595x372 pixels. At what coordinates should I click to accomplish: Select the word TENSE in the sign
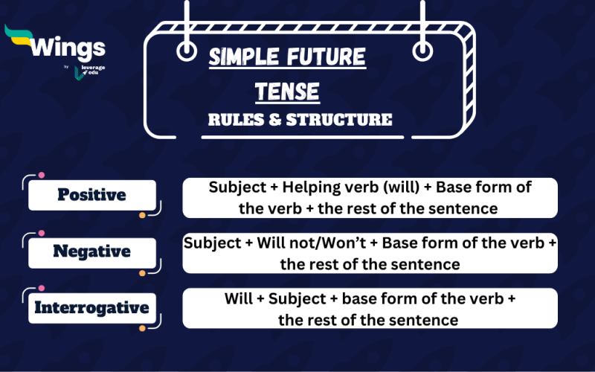point(287,92)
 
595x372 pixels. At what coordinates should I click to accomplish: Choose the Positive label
point(91,195)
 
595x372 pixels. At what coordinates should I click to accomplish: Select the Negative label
point(91,251)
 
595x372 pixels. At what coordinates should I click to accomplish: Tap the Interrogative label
point(91,307)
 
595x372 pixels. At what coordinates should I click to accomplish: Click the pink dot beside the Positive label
point(42,175)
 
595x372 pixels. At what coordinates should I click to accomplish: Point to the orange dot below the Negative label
point(142,273)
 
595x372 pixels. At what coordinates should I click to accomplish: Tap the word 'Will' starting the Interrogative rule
point(240,299)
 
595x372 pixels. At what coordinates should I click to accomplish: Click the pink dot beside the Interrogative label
point(42,287)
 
